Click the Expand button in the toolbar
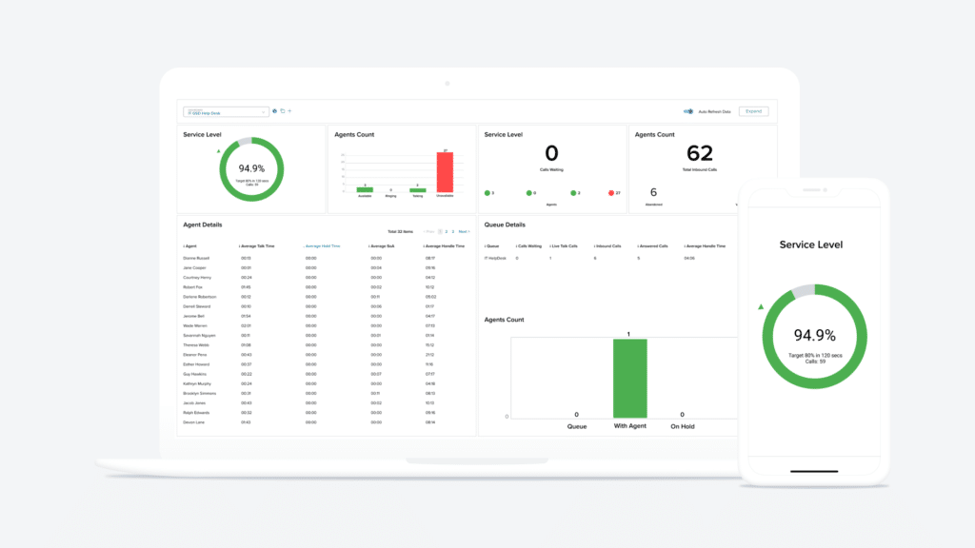point(753,111)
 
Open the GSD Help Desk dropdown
point(226,111)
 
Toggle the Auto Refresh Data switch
point(687,111)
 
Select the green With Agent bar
point(629,378)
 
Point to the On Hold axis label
point(682,426)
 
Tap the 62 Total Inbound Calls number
point(699,153)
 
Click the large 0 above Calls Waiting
point(551,153)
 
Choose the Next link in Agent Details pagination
point(464,231)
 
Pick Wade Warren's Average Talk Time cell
point(246,325)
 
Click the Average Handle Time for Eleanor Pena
point(429,354)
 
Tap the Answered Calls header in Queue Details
point(653,245)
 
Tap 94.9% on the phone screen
point(815,335)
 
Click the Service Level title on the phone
point(810,245)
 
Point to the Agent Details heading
point(202,225)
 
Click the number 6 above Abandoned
point(653,192)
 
